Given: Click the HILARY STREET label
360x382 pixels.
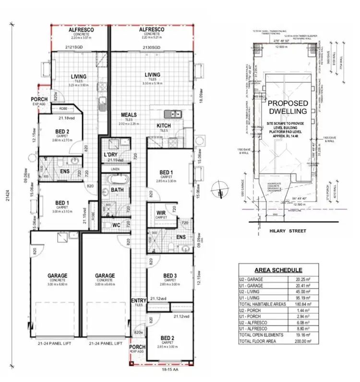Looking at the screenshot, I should tap(285, 231).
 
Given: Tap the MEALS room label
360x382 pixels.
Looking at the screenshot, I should tap(129, 115).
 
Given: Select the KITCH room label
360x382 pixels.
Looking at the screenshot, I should tap(164, 125).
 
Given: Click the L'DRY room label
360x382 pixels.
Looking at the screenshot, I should tap(111, 154).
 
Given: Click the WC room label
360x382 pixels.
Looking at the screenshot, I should tap(115, 224).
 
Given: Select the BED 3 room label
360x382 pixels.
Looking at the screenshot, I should tap(169, 275).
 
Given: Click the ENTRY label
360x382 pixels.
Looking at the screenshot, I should tap(138, 301).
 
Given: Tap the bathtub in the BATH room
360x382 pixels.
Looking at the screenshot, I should tap(117, 181).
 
